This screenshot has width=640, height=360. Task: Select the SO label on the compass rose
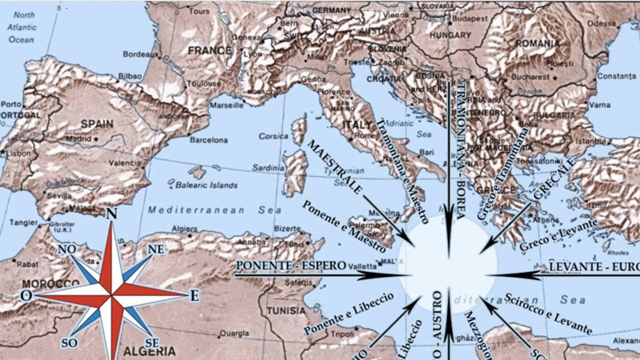(x=69, y=342)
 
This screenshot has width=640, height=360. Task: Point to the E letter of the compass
(x=195, y=295)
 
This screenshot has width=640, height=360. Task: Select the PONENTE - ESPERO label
(x=290, y=265)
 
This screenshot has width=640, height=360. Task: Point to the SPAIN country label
(x=97, y=124)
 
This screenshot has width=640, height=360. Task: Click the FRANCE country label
(x=210, y=51)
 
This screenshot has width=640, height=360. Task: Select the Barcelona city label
(x=209, y=140)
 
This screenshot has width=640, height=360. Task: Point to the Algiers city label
(x=185, y=229)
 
